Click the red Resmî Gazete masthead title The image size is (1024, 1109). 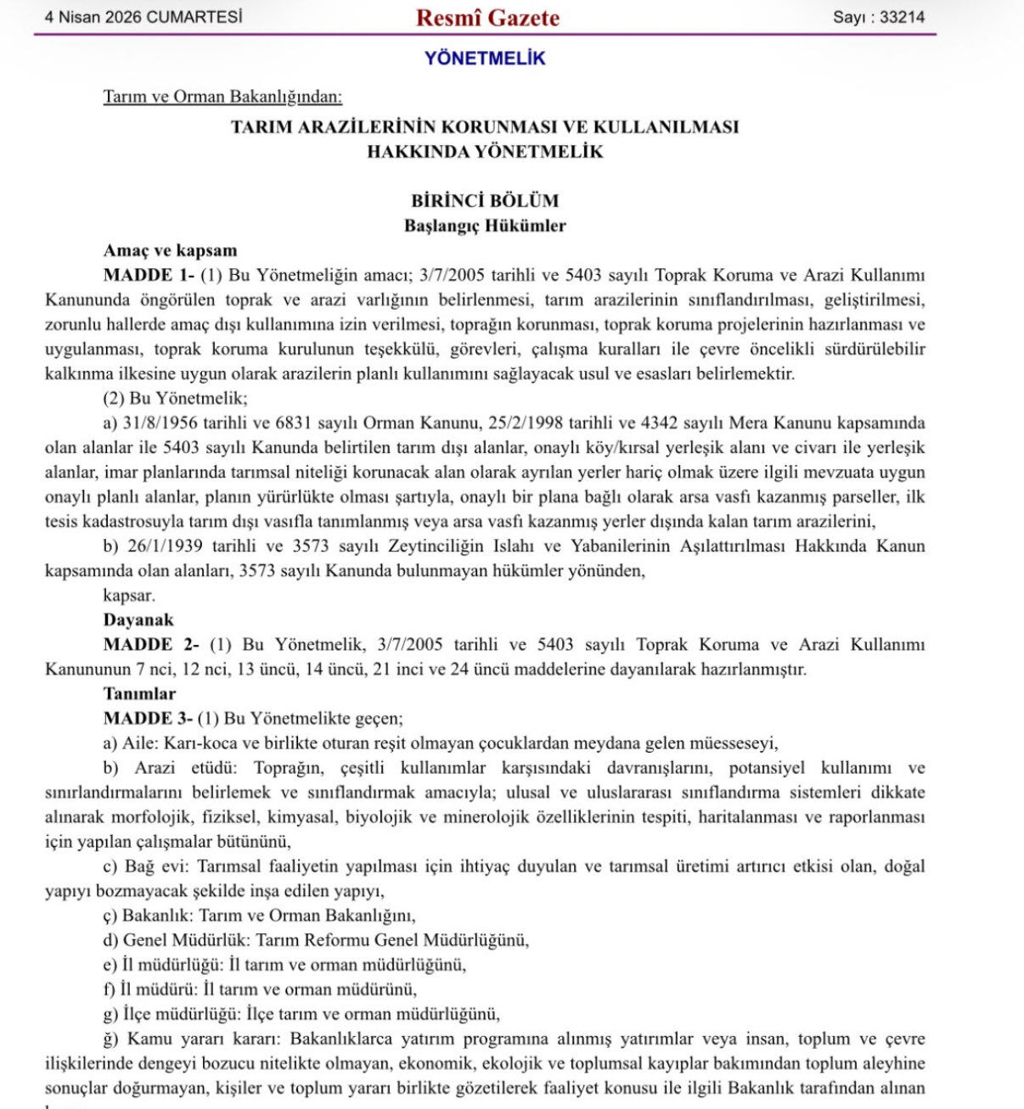click(x=487, y=18)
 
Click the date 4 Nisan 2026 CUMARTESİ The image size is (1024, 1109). click(x=143, y=17)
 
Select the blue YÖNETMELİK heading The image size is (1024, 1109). click(x=485, y=59)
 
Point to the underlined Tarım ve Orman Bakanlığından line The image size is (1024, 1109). click(x=222, y=97)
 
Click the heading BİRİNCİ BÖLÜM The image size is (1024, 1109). click(x=485, y=201)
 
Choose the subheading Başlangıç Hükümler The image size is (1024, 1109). click(x=485, y=226)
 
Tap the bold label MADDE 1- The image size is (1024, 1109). click(x=149, y=275)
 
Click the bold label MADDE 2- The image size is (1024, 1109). click(x=150, y=645)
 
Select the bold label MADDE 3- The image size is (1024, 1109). click(x=149, y=719)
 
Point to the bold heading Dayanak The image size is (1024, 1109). click(x=138, y=620)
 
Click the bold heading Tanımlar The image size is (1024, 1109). click(x=139, y=694)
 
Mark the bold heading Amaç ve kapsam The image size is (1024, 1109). click(x=170, y=250)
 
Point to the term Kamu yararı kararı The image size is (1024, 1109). click(x=203, y=1039)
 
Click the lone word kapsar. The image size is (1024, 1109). click(x=129, y=596)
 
